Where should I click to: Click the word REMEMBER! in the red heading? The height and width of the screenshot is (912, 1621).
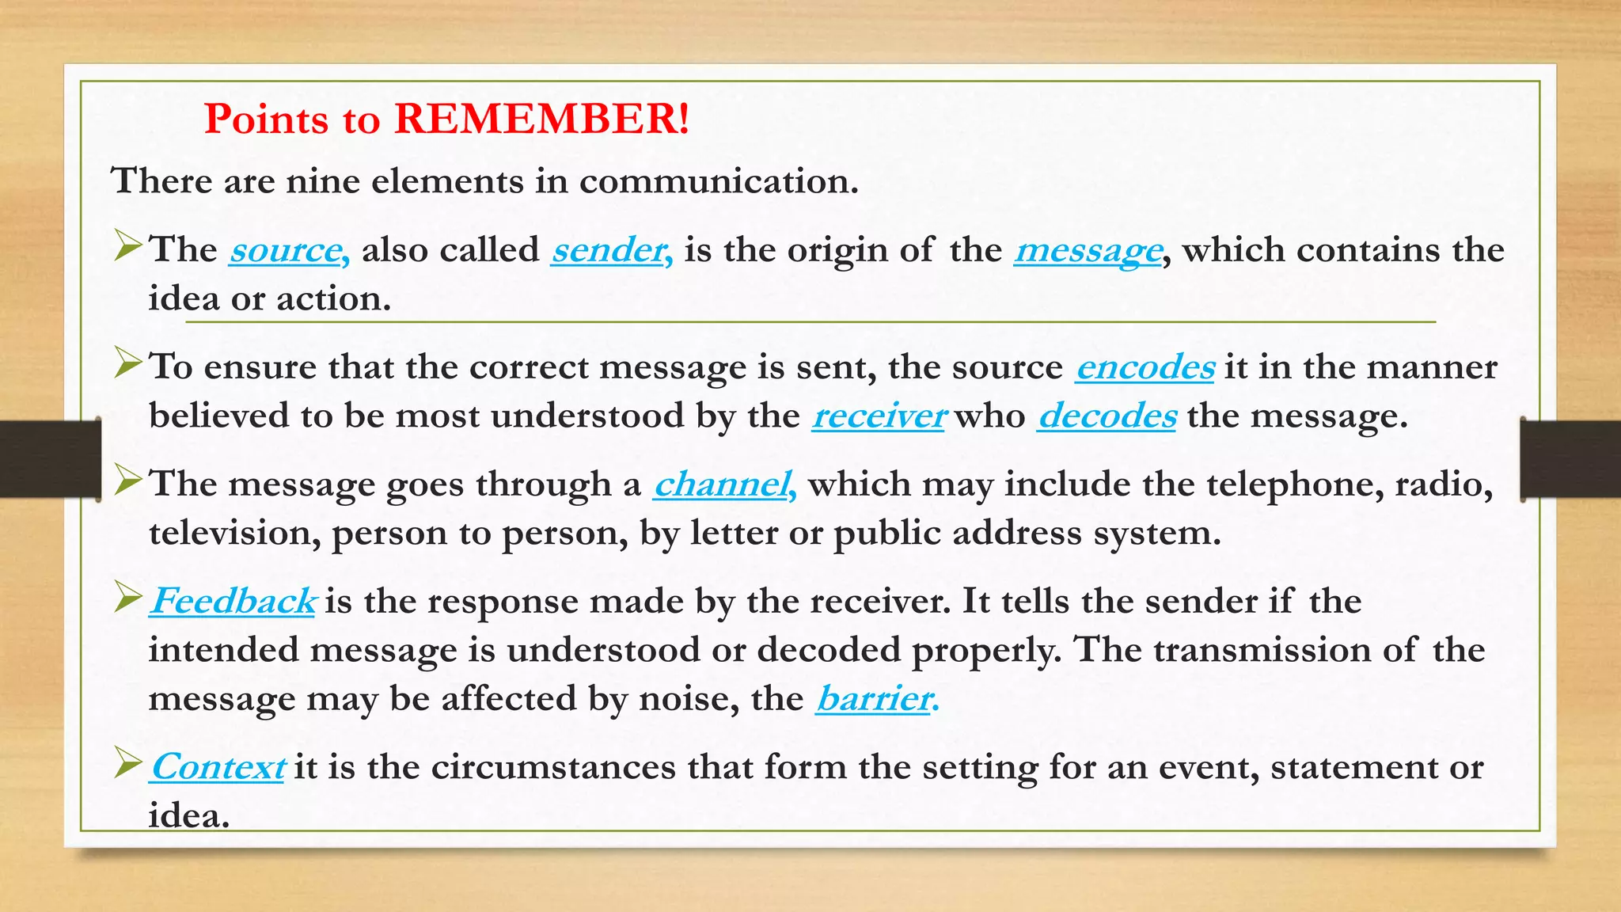tap(541, 120)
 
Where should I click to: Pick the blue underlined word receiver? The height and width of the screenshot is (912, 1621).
tap(879, 416)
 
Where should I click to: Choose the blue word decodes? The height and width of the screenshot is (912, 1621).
tap(1107, 416)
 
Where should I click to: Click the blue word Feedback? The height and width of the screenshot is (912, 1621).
tap(233, 602)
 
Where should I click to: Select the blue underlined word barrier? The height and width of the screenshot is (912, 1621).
tap(876, 699)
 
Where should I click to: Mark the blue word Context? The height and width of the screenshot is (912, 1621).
tap(217, 767)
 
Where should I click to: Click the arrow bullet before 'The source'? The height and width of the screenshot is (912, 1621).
tap(127, 245)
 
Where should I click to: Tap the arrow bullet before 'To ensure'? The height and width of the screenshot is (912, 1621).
tap(127, 363)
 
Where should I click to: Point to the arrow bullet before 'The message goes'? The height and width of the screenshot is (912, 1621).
tap(127, 480)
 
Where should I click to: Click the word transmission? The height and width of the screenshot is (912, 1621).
tap(1261, 651)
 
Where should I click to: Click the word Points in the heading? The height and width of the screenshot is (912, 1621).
tap(266, 120)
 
